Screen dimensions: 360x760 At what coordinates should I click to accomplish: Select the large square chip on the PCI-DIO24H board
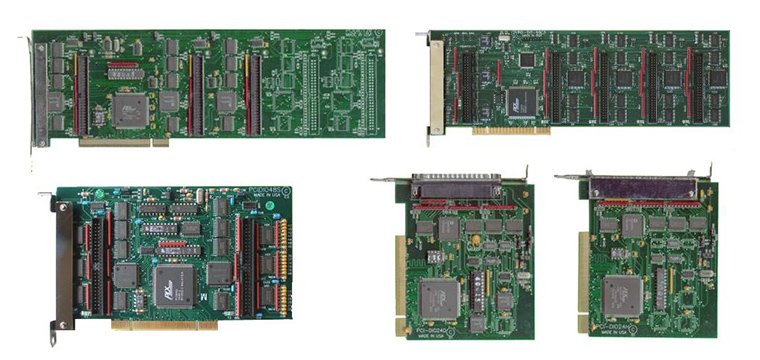click(621, 295)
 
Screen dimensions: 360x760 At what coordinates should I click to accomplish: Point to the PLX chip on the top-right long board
click(521, 99)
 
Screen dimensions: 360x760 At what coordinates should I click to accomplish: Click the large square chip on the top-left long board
click(130, 109)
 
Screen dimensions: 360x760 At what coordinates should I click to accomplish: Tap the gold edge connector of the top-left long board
click(124, 142)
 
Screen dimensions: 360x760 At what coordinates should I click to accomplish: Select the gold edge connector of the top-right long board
click(511, 129)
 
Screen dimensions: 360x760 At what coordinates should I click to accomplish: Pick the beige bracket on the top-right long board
click(437, 84)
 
